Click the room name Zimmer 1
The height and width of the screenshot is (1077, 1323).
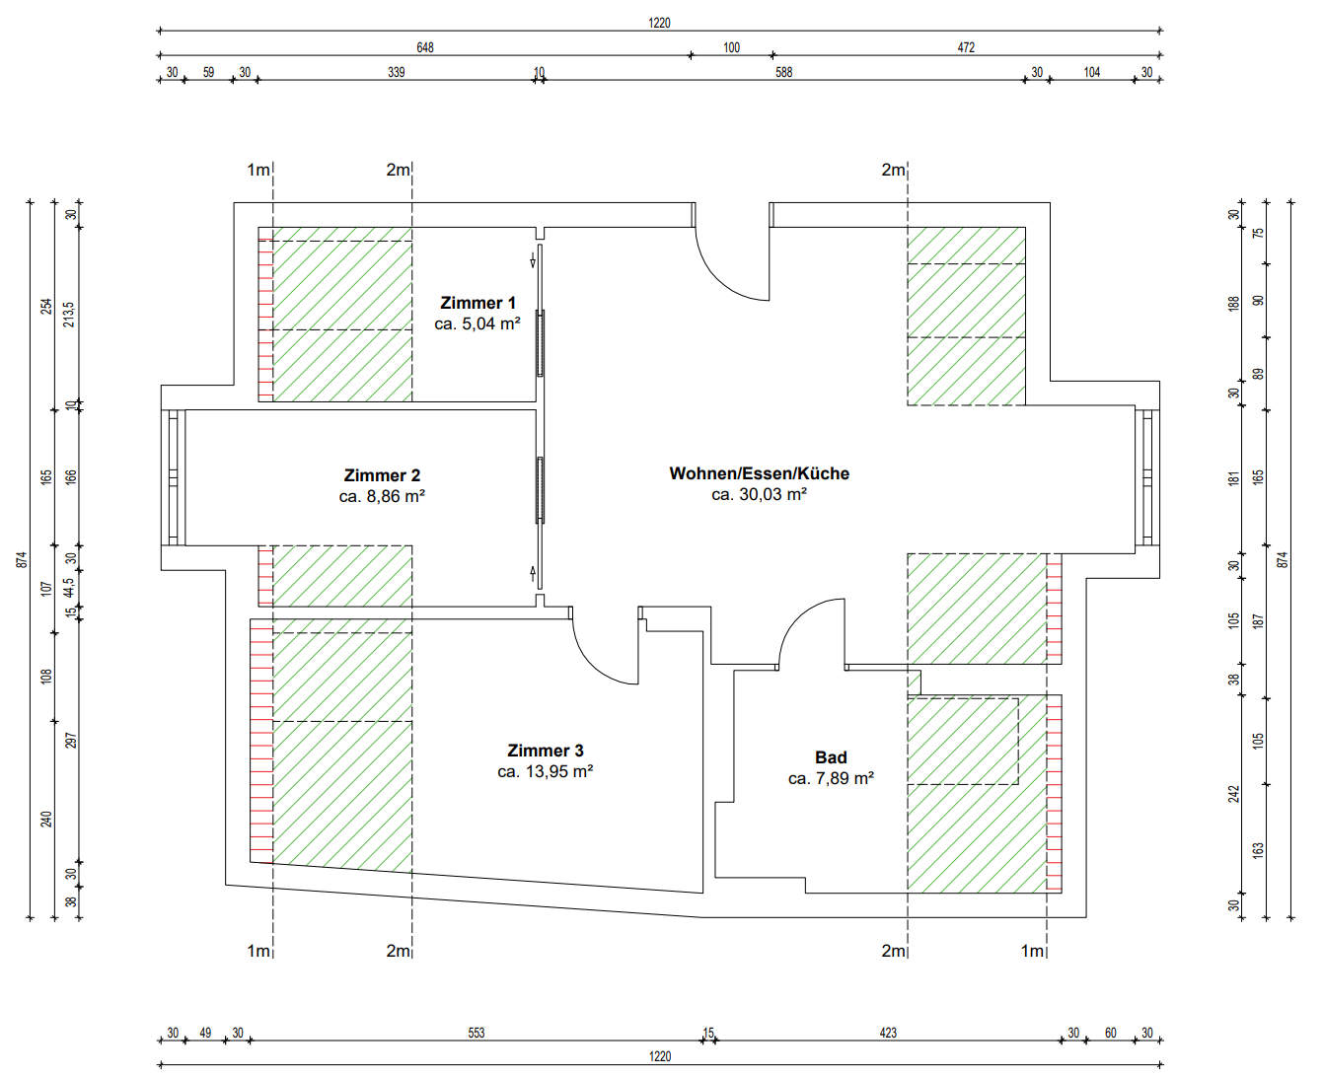[x=478, y=303]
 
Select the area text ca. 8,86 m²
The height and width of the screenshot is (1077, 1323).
[x=382, y=496]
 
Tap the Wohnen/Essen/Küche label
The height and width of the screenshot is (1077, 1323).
[x=759, y=473]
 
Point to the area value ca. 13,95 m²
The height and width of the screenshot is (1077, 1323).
[x=545, y=771]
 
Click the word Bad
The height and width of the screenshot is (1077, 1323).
[x=831, y=757]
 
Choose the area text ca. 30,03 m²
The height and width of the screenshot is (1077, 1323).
[x=759, y=494]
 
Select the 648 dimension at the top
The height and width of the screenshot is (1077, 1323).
[x=425, y=47]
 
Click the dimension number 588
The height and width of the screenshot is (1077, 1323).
[x=783, y=72]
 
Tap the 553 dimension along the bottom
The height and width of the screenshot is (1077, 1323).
[x=477, y=1033]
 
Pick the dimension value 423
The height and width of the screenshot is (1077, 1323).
[x=888, y=1033]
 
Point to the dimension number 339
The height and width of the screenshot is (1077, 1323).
[x=396, y=72]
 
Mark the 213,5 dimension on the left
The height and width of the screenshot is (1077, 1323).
[x=69, y=315]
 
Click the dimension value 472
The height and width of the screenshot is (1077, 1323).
[x=966, y=47]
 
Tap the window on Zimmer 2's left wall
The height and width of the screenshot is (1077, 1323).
[x=174, y=477]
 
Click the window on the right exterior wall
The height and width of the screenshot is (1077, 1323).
[x=1146, y=477]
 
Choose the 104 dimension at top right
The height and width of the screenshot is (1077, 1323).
[x=1091, y=72]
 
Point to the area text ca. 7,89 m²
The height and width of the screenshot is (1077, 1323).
[x=831, y=778]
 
